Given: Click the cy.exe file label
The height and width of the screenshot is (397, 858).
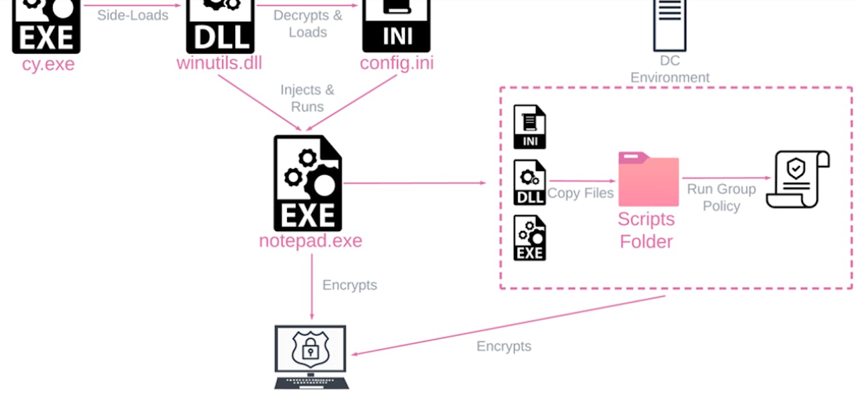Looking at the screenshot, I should (x=48, y=63).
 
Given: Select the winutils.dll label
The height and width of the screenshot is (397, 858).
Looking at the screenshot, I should (x=219, y=63).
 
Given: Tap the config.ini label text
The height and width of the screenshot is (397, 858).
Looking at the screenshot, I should (x=396, y=63).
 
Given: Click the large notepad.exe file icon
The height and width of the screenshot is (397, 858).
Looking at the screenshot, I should (x=308, y=183).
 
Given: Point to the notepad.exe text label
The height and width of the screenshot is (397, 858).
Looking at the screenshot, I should (x=311, y=240).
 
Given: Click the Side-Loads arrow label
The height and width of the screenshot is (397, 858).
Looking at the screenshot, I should (x=133, y=15).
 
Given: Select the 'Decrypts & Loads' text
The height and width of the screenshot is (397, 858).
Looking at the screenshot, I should (x=308, y=23).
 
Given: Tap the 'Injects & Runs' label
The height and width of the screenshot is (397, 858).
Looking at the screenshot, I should (x=307, y=98).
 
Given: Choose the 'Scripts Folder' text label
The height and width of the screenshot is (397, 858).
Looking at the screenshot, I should (x=646, y=230).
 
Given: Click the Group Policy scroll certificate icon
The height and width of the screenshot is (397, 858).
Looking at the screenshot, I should (x=797, y=179).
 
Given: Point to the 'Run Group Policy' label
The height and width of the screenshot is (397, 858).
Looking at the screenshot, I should (x=721, y=197).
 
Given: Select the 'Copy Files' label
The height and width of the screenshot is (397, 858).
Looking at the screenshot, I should (x=580, y=193).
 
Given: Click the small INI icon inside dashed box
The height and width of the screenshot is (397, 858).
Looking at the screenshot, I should (x=530, y=127).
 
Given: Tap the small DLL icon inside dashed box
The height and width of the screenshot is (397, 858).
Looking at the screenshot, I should (x=530, y=182).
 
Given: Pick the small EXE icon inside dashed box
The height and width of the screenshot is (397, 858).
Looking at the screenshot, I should (x=530, y=238).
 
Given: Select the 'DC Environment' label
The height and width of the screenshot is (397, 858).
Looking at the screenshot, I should (x=670, y=69).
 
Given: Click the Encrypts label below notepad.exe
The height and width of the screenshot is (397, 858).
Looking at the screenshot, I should (x=349, y=285).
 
